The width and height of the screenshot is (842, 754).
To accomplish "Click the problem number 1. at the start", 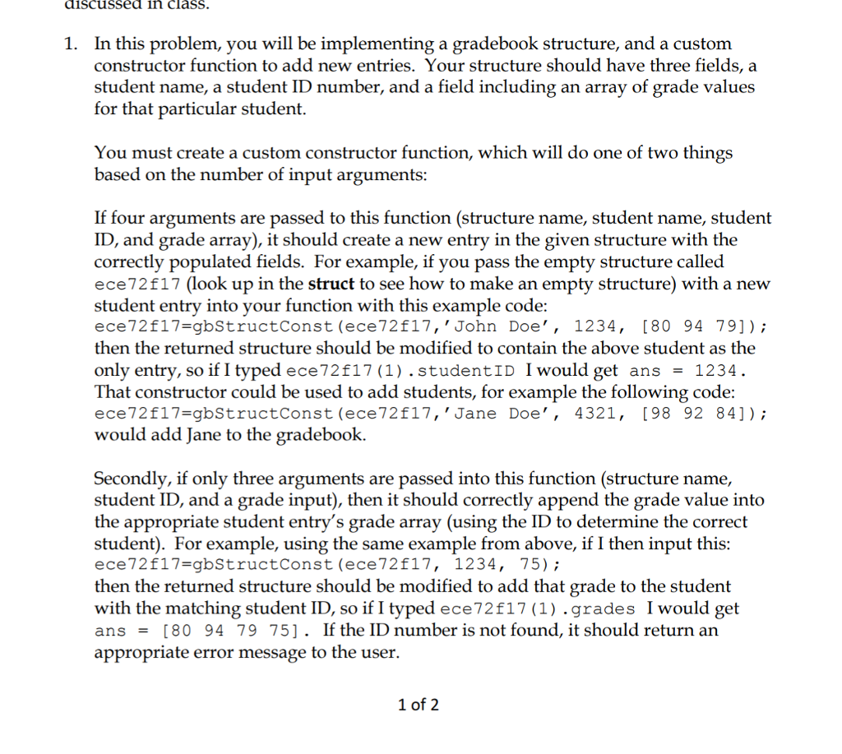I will (x=72, y=44).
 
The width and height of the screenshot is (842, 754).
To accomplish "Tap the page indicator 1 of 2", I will (x=418, y=705).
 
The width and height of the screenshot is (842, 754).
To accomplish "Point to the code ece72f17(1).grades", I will (x=538, y=609).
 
